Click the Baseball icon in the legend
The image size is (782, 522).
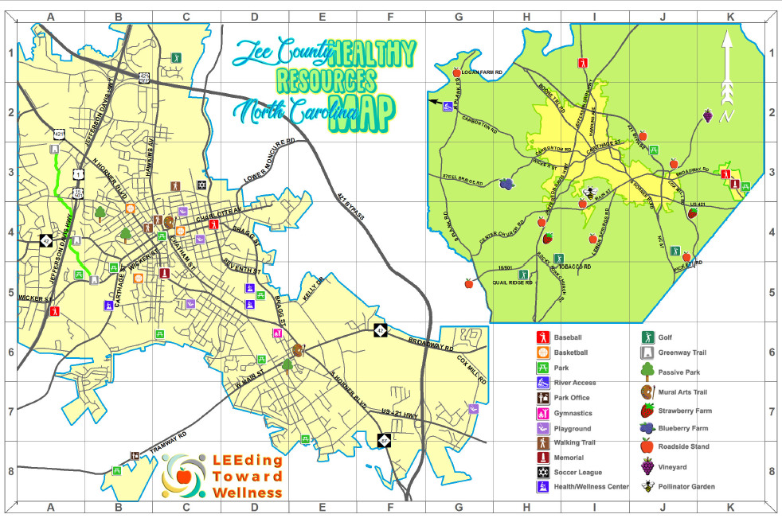[x=541, y=337]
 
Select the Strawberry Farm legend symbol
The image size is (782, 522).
[x=647, y=411]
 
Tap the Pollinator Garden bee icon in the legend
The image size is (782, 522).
[x=647, y=486]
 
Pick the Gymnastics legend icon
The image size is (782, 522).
[x=541, y=413]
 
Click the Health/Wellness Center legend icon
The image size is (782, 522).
[x=541, y=487]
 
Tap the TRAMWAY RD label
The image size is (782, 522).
[x=168, y=445]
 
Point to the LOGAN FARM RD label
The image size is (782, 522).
[x=483, y=72]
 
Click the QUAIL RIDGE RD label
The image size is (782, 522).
[x=511, y=282]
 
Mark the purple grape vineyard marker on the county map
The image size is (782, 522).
[x=706, y=116]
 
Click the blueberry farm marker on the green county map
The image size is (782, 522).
[x=506, y=185]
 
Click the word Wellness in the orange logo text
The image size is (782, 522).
[x=247, y=493]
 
